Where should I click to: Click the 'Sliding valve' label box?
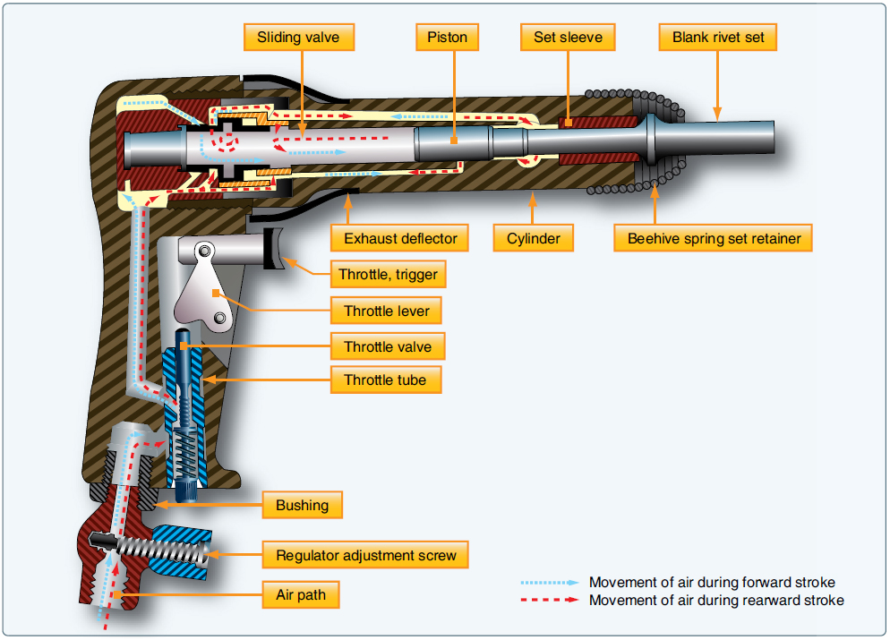coord(299,38)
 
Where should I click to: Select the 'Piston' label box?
coord(447,38)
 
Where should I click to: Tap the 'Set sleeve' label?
coord(568,38)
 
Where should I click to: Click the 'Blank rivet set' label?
coord(717,38)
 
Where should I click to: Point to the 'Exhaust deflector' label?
coord(400,239)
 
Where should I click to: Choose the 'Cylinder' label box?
coord(534,239)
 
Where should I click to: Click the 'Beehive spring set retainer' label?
coord(714,239)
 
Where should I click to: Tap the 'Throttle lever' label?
coord(387,311)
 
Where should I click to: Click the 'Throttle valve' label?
coord(387,346)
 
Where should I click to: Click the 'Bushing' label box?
coord(302,506)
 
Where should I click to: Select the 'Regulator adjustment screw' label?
coord(365,555)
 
